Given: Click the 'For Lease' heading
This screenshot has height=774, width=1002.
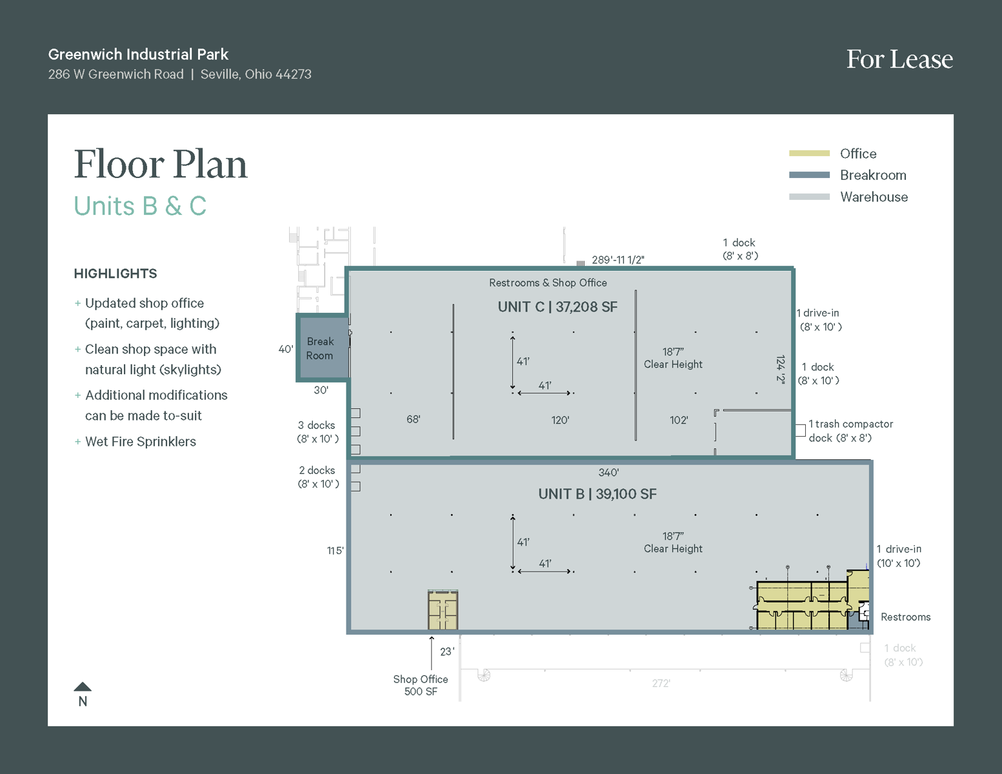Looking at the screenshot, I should tap(899, 59).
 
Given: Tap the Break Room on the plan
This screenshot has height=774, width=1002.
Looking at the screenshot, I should tap(320, 348).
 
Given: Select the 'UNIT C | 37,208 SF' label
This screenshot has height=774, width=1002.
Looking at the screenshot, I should tap(557, 307).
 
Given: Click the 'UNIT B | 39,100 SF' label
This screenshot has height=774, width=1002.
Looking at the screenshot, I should tap(597, 494).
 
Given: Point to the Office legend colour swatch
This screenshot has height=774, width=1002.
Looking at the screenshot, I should tap(809, 154).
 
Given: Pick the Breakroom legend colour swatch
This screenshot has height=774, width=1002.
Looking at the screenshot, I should tap(809, 175).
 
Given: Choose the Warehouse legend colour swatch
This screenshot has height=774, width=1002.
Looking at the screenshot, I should tap(809, 197).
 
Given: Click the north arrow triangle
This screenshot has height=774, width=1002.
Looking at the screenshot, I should tap(83, 687).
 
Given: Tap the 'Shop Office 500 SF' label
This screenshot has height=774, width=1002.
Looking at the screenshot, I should tap(421, 685).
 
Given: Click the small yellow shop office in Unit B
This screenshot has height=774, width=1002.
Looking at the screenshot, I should tap(443, 610).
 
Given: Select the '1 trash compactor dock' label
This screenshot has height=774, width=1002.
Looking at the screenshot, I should tap(850, 431).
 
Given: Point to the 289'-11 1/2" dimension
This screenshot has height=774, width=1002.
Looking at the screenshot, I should tap(617, 260).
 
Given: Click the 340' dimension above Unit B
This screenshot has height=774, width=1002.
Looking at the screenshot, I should tap(608, 473).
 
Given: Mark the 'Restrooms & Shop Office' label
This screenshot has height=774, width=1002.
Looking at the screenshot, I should tap(548, 283).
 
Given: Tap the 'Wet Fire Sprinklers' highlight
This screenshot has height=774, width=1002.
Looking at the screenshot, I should tap(140, 442).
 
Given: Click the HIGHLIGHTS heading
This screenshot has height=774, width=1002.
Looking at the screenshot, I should tap(115, 273).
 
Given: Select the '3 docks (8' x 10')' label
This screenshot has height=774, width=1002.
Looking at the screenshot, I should tap(317, 432).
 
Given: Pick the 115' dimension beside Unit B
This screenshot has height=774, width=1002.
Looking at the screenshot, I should tap(335, 551).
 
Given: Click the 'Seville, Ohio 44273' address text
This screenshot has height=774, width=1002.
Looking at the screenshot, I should tap(256, 74).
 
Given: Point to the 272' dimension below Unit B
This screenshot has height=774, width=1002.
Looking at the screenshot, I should tap(661, 683).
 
